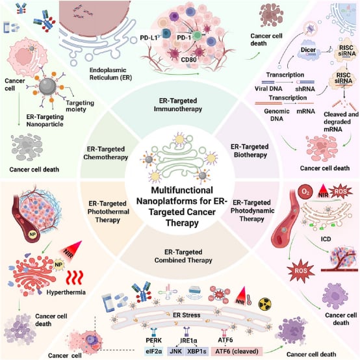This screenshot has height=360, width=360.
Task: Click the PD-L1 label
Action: (149, 38)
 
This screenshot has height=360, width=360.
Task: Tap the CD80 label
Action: (188, 60)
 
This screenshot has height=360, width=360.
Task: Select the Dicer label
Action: (308, 49)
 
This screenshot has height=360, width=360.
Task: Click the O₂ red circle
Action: (305, 192)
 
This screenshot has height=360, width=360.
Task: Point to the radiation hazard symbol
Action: (265, 303)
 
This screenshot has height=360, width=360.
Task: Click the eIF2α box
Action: (153, 352)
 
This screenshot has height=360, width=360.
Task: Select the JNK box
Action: (176, 352)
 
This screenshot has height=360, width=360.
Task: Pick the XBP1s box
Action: (197, 352)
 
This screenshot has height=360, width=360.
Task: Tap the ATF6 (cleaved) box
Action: (237, 352)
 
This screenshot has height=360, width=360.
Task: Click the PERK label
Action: (153, 340)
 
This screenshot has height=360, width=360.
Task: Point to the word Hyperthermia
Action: (66, 292)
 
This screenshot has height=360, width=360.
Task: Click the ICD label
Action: (326, 239)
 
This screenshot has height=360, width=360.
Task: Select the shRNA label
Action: (305, 88)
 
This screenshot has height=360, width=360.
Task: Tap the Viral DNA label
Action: (268, 88)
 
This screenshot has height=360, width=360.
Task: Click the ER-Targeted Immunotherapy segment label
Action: (178, 105)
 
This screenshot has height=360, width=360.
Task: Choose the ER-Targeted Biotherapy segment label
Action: (250, 151)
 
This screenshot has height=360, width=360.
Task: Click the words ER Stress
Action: (186, 315)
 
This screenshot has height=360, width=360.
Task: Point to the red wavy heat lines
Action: (74, 277)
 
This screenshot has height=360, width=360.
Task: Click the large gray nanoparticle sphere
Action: (47, 86)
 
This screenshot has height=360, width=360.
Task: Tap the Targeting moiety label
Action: (80, 106)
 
